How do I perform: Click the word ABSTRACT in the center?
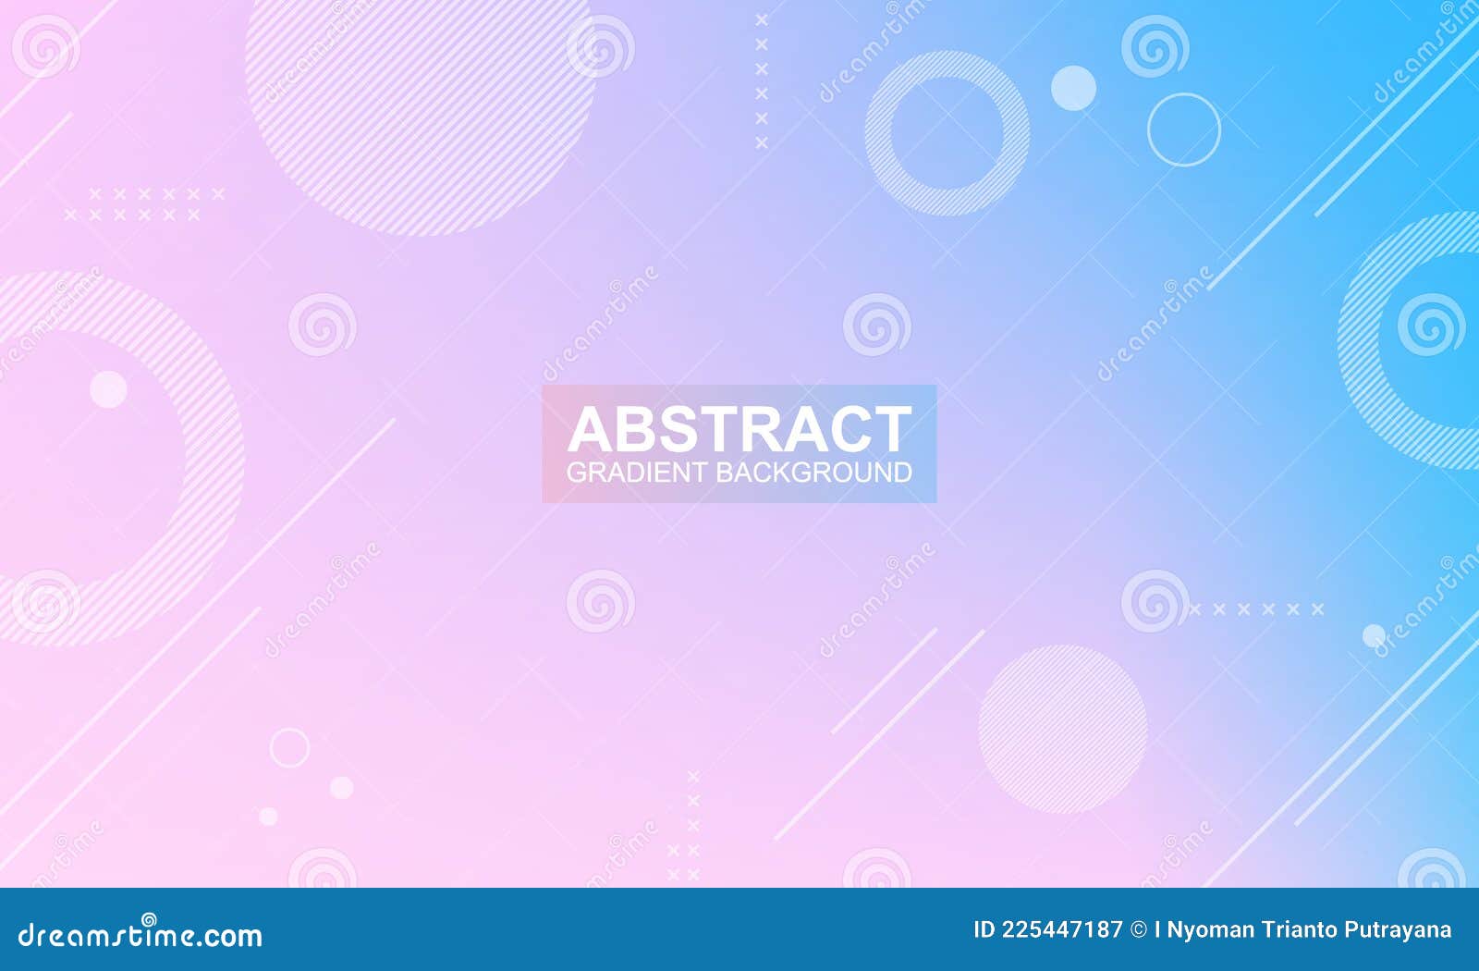pyautogui.click(x=739, y=429)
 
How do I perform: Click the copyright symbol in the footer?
pyautogui.click(x=1139, y=929)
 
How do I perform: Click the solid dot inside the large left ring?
pyautogui.click(x=108, y=389)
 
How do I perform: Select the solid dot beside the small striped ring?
pyautogui.click(x=1073, y=89)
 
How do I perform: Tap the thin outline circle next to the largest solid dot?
pyautogui.click(x=1184, y=129)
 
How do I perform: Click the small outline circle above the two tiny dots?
pyautogui.click(x=289, y=747)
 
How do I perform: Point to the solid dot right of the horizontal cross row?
pyautogui.click(x=1374, y=635)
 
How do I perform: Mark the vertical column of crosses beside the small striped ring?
pyautogui.click(x=762, y=81)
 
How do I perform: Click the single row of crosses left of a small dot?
pyautogui.click(x=1257, y=609)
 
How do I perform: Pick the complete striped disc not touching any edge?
pyautogui.click(x=1062, y=729)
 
